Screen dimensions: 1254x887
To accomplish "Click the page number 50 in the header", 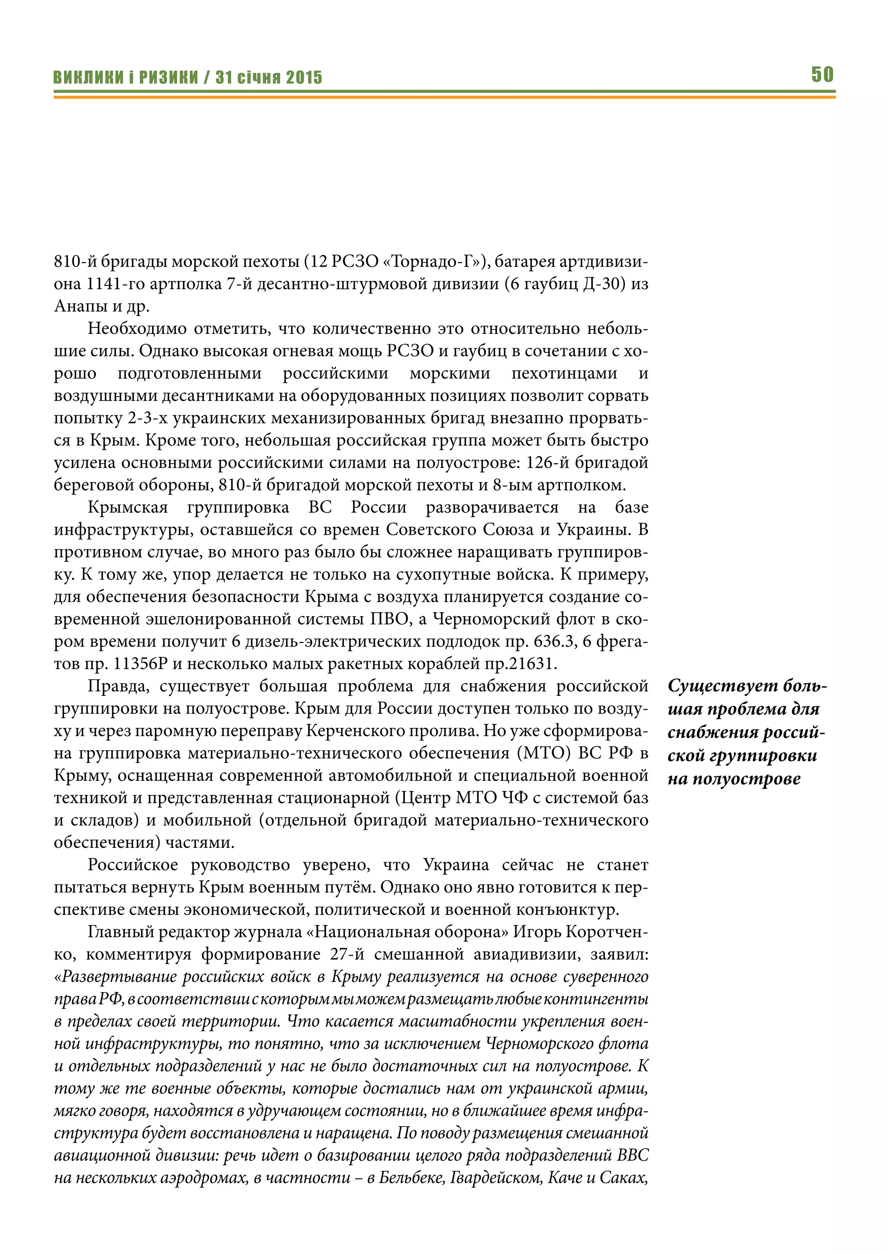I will point(822,74).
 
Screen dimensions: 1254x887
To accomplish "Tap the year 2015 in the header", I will point(304,78).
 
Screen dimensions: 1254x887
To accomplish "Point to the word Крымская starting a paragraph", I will point(128,507).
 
